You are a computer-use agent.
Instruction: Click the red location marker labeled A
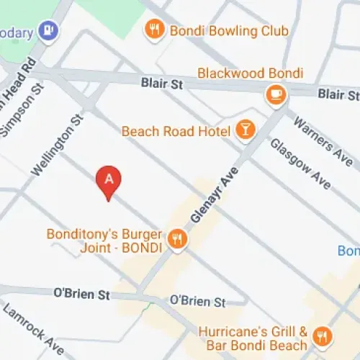109,181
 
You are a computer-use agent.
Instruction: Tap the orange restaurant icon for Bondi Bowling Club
153,30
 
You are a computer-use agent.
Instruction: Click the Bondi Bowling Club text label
228,30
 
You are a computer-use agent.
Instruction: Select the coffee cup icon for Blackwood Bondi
275,94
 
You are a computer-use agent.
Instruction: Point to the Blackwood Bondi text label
250,73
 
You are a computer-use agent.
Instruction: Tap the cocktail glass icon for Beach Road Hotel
246,130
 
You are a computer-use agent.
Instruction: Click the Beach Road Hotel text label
176,131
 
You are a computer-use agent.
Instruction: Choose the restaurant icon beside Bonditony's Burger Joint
176,240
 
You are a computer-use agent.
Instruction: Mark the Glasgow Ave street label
300,164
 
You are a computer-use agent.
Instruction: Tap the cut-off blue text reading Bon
348,251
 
